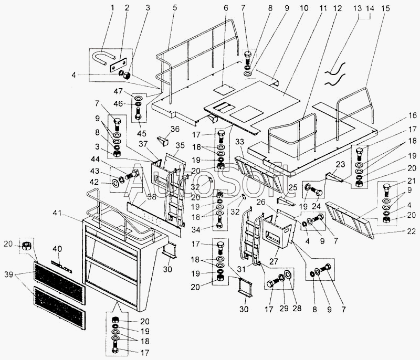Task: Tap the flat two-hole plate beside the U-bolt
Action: pos(119,65)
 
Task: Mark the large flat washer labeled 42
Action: pos(115,184)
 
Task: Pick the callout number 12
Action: pos(337,8)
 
